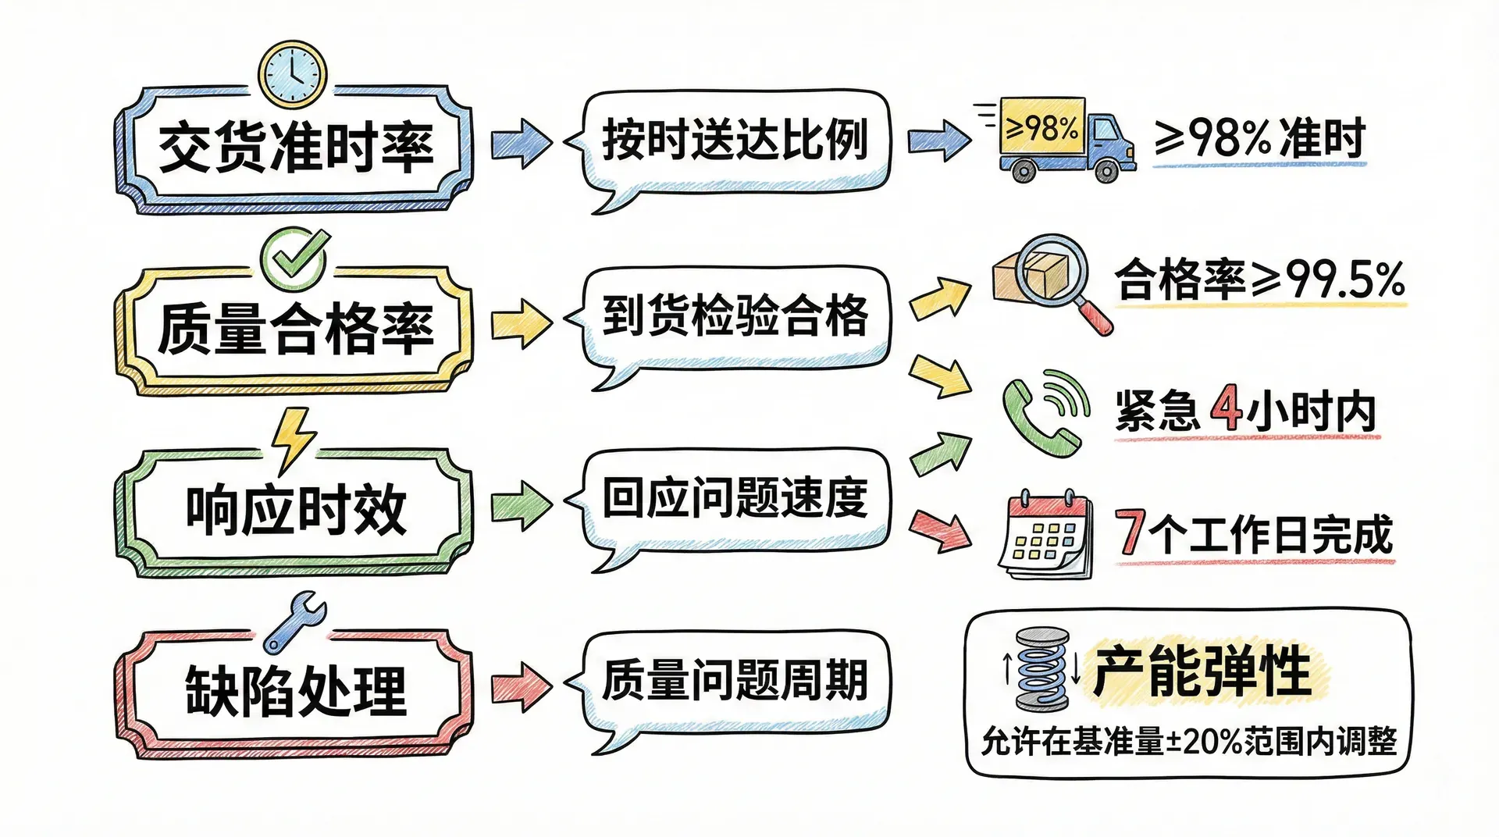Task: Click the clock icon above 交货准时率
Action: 293,74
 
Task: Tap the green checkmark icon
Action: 294,257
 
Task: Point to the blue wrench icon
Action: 294,622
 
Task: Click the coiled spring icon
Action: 1041,669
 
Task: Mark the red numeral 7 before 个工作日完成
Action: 1130,532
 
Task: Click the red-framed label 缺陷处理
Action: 295,692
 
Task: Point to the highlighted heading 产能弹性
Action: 1202,670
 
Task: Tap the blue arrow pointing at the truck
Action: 938,141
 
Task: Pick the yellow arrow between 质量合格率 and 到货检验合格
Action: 521,322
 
